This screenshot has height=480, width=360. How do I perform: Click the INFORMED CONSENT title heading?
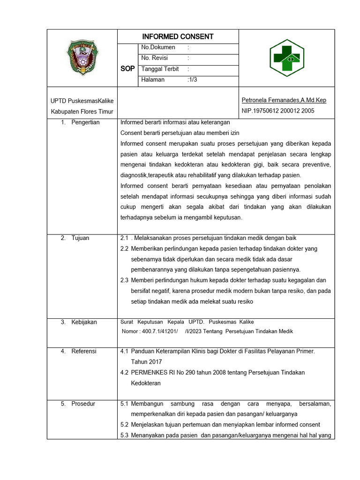[178, 37]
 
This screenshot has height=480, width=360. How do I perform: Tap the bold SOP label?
[127, 68]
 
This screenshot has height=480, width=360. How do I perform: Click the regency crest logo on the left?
[82, 58]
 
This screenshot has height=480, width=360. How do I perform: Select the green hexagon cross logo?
[286, 58]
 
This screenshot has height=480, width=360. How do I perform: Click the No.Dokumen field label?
[158, 47]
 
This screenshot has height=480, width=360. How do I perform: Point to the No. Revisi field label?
[154, 58]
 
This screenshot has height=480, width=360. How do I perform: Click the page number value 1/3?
[192, 80]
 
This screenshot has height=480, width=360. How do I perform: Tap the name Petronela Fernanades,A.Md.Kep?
[284, 100]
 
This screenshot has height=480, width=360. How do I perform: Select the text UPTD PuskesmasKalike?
[82, 101]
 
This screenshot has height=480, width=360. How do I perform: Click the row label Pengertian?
[85, 123]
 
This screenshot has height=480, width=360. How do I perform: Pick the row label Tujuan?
[80, 238]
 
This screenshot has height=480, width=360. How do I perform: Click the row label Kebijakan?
[84, 322]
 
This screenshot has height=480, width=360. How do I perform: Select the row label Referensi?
[83, 351]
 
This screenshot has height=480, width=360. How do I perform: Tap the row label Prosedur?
[83, 404]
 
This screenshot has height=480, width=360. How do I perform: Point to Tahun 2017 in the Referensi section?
[146, 362]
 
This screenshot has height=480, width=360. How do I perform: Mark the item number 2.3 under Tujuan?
[124, 280]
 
